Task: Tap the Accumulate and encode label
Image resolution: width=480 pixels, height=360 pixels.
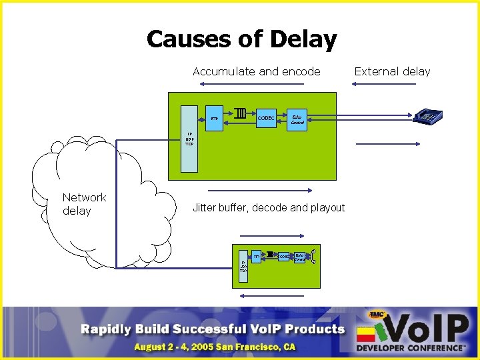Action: [257, 71]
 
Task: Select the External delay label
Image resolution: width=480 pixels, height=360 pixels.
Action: [392, 71]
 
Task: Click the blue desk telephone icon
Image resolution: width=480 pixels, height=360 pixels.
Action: [427, 117]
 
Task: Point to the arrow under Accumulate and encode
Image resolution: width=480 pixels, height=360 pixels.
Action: [257, 85]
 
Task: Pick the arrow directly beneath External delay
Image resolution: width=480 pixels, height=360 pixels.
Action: [392, 85]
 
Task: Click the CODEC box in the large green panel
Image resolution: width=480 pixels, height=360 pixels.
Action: [266, 119]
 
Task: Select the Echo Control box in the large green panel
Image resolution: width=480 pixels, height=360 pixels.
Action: [297, 119]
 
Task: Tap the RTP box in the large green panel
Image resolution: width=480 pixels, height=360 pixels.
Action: [215, 119]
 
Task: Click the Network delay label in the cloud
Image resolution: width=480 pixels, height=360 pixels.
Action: [84, 204]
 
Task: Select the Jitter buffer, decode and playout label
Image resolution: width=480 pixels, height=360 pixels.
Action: [269, 208]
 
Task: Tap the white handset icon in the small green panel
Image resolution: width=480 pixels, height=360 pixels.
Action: [313, 255]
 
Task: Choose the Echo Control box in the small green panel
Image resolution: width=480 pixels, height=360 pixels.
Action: [299, 256]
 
